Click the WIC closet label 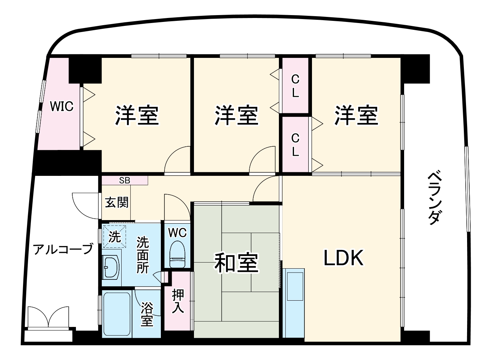tap(62, 106)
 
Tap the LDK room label tap(344, 258)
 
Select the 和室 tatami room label tap(236, 263)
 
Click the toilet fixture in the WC tap(177, 254)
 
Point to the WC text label tap(177, 233)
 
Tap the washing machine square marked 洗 tap(114, 236)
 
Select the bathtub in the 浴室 tap(117, 314)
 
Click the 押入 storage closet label tap(178, 301)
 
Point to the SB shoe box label tap(125, 181)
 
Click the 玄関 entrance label tap(117, 202)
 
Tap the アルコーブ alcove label tap(63, 249)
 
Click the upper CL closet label tap(295, 86)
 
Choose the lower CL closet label tap(295, 145)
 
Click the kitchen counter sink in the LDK tap(295, 286)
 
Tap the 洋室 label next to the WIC tap(137, 115)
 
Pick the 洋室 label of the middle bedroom tap(236, 115)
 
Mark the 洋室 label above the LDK tap(356, 115)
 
